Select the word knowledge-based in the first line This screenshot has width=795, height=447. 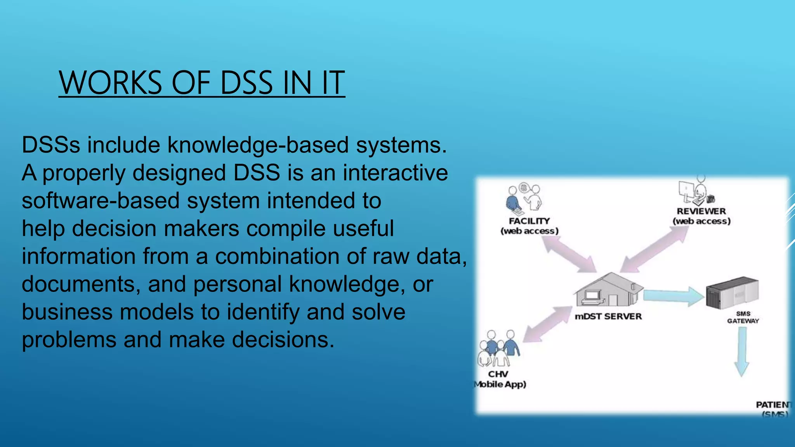pyautogui.click(x=258, y=145)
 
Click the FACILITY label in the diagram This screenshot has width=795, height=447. pyautogui.click(x=529, y=221)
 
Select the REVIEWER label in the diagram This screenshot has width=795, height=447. pyautogui.click(x=701, y=211)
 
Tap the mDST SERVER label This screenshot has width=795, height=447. pyautogui.click(x=608, y=317)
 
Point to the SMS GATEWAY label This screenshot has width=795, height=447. pyautogui.click(x=743, y=317)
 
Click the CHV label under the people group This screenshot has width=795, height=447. pyautogui.click(x=498, y=374)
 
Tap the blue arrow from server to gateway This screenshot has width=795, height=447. pyautogui.click(x=673, y=296)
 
